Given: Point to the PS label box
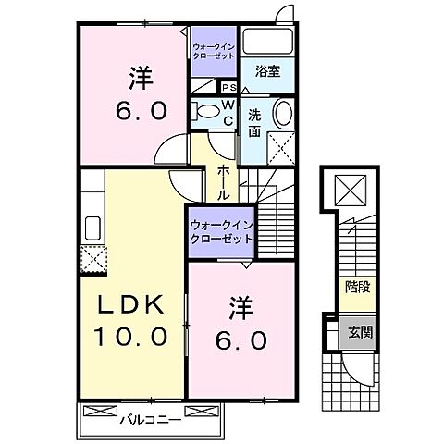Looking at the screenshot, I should point(227,88).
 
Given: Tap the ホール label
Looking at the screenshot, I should point(224,183).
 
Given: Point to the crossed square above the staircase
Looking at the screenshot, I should point(352,192).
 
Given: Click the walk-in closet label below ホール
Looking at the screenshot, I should point(220,230).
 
